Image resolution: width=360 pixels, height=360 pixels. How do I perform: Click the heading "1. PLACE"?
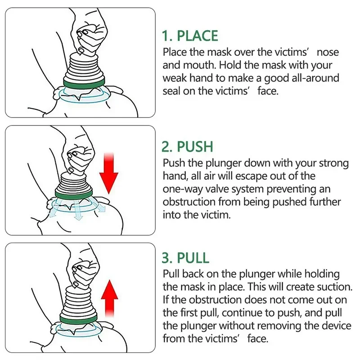coord(190,36)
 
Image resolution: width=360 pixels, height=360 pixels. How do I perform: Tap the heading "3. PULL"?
coord(185,258)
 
